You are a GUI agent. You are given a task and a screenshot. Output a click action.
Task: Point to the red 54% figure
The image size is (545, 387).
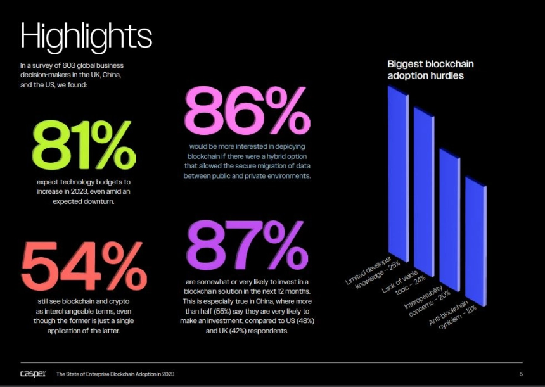[84, 267]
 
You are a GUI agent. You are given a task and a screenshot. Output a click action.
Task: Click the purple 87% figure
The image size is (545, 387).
[247, 244]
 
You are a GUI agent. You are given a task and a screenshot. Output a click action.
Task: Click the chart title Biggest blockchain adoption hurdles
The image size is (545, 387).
[430, 70]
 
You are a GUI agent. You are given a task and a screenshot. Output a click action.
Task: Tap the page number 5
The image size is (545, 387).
[521, 374]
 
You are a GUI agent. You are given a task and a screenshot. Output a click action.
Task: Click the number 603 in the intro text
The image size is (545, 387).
[72, 65]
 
